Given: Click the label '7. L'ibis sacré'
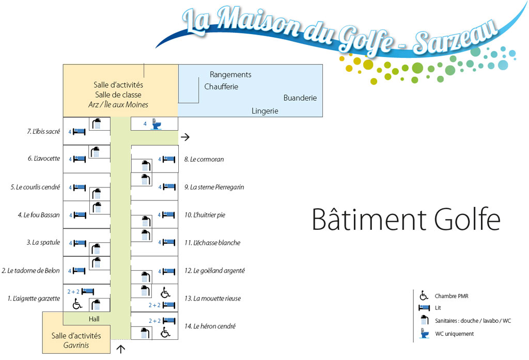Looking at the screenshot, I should (x=43, y=132).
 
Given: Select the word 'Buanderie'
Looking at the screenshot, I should (x=300, y=98).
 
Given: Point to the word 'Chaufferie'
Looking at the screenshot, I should (x=221, y=87).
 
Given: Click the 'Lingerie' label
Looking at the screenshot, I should (x=265, y=111).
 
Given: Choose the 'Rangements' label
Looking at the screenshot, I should (x=230, y=75).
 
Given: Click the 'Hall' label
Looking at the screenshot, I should (x=94, y=319).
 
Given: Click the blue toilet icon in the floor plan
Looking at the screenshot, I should (x=155, y=124).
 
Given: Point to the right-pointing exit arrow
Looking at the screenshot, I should (x=185, y=137).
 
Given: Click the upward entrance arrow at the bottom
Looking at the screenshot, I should (x=121, y=349).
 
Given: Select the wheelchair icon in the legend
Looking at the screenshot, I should (x=424, y=296).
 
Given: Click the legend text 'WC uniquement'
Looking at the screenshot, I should (x=454, y=334).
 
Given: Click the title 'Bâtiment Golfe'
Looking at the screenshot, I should (x=406, y=220).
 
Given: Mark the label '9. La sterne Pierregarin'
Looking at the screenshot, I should (x=214, y=187).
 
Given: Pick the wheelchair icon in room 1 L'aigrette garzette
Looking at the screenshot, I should (x=77, y=304).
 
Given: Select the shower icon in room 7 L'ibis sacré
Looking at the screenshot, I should (x=96, y=124).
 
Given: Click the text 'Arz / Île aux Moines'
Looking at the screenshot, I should (x=118, y=105).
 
